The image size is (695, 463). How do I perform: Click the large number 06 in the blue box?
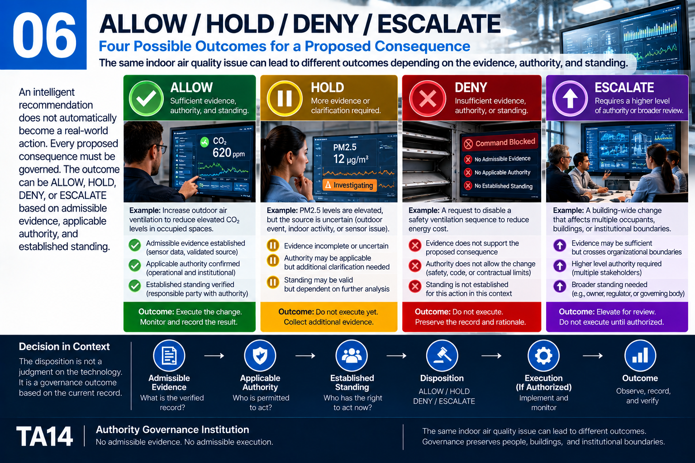[x=44, y=35]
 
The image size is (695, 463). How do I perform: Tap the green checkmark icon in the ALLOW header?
[x=146, y=98]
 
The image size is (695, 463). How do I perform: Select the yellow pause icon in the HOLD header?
[x=284, y=98]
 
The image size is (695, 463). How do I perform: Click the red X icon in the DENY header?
[x=428, y=99]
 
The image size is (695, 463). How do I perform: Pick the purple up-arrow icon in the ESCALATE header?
[x=570, y=99]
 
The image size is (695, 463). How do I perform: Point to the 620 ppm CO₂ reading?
[x=228, y=153]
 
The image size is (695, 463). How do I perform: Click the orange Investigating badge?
[x=349, y=185]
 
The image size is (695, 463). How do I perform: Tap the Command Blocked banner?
[x=500, y=142]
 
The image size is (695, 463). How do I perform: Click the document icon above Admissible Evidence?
[x=169, y=355]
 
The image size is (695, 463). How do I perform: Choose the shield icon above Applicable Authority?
[x=260, y=355]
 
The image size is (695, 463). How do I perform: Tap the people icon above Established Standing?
[x=352, y=355]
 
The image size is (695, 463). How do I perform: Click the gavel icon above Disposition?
[x=442, y=355]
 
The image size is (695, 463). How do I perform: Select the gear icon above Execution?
[x=543, y=355]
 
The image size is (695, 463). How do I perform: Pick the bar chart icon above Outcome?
[x=640, y=355]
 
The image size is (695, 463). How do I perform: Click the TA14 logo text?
[x=44, y=436]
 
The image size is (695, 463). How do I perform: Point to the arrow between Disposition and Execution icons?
[x=491, y=356]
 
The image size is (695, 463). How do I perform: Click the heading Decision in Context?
[x=64, y=346]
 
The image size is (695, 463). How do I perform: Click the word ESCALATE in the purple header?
[x=624, y=87]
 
